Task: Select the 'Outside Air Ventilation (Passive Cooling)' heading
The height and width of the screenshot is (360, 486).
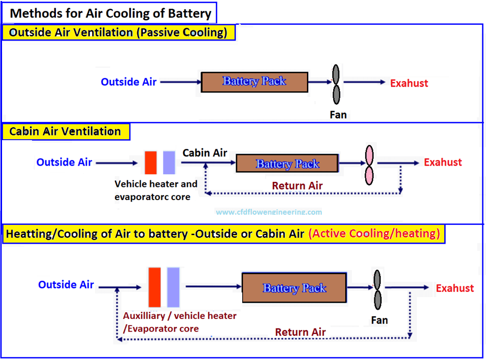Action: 118,32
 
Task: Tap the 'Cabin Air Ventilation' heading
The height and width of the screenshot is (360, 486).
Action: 65,132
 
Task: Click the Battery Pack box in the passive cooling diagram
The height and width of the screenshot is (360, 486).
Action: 254,82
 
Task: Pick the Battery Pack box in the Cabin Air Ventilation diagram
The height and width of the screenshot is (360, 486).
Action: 287,163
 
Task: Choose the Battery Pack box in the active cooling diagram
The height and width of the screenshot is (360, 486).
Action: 294,288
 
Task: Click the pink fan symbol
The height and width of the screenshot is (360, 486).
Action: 369,165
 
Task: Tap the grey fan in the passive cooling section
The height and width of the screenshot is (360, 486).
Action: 336,83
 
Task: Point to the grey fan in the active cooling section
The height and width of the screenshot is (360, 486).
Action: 377,289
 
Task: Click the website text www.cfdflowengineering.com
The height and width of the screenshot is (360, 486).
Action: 269,212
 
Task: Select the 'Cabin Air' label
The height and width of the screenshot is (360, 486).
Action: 205,153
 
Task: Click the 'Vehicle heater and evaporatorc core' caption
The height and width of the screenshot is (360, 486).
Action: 156,190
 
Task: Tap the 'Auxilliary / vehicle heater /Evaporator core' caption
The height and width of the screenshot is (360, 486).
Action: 179,322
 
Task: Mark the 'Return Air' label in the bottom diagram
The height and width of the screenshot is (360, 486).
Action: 300,332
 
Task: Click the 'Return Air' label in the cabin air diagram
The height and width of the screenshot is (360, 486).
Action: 297,186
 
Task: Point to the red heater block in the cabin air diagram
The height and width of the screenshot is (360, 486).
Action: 151,162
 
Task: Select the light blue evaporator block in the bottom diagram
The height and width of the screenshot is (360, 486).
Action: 174,287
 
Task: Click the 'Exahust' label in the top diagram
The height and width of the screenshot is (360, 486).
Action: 409,83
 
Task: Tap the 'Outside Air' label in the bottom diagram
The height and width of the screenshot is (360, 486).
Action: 66,285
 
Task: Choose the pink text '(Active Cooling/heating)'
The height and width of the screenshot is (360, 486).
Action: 374,234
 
